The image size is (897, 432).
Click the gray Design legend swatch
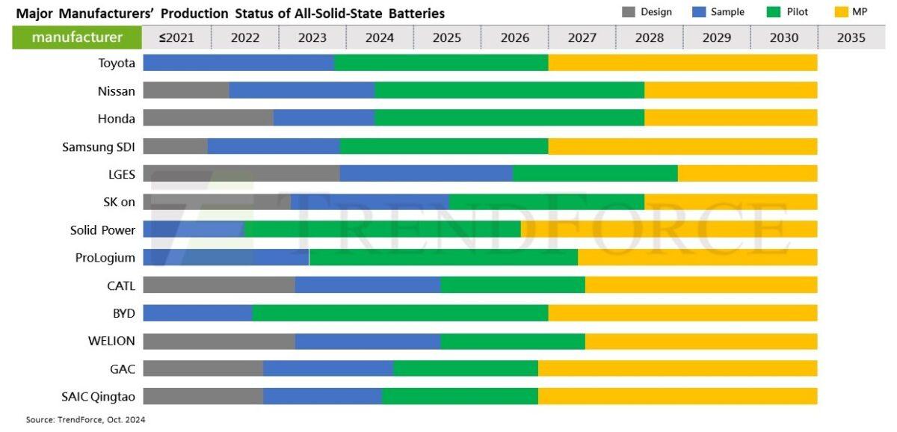coord(629,12)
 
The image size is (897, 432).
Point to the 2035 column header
coord(851,37)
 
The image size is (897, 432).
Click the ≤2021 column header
coord(176,37)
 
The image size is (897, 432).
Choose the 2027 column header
coord(582,37)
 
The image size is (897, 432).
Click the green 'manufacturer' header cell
coord(77,37)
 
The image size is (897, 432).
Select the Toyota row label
coord(117,64)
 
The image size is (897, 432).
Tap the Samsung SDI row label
coord(99,146)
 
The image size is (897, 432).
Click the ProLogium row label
coord(105,258)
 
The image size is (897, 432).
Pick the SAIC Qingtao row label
coord(98,396)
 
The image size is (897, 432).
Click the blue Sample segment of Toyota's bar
coord(238,63)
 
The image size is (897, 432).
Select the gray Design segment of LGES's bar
coord(241,173)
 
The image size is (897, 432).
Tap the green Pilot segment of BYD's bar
coord(400,313)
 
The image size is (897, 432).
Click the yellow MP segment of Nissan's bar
coord(730,90)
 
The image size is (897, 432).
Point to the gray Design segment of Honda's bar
coord(208,118)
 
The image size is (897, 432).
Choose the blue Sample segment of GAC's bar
coord(328,368)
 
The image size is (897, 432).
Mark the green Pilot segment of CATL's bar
coord(513,285)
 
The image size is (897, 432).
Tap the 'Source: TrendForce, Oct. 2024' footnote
coord(85,420)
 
